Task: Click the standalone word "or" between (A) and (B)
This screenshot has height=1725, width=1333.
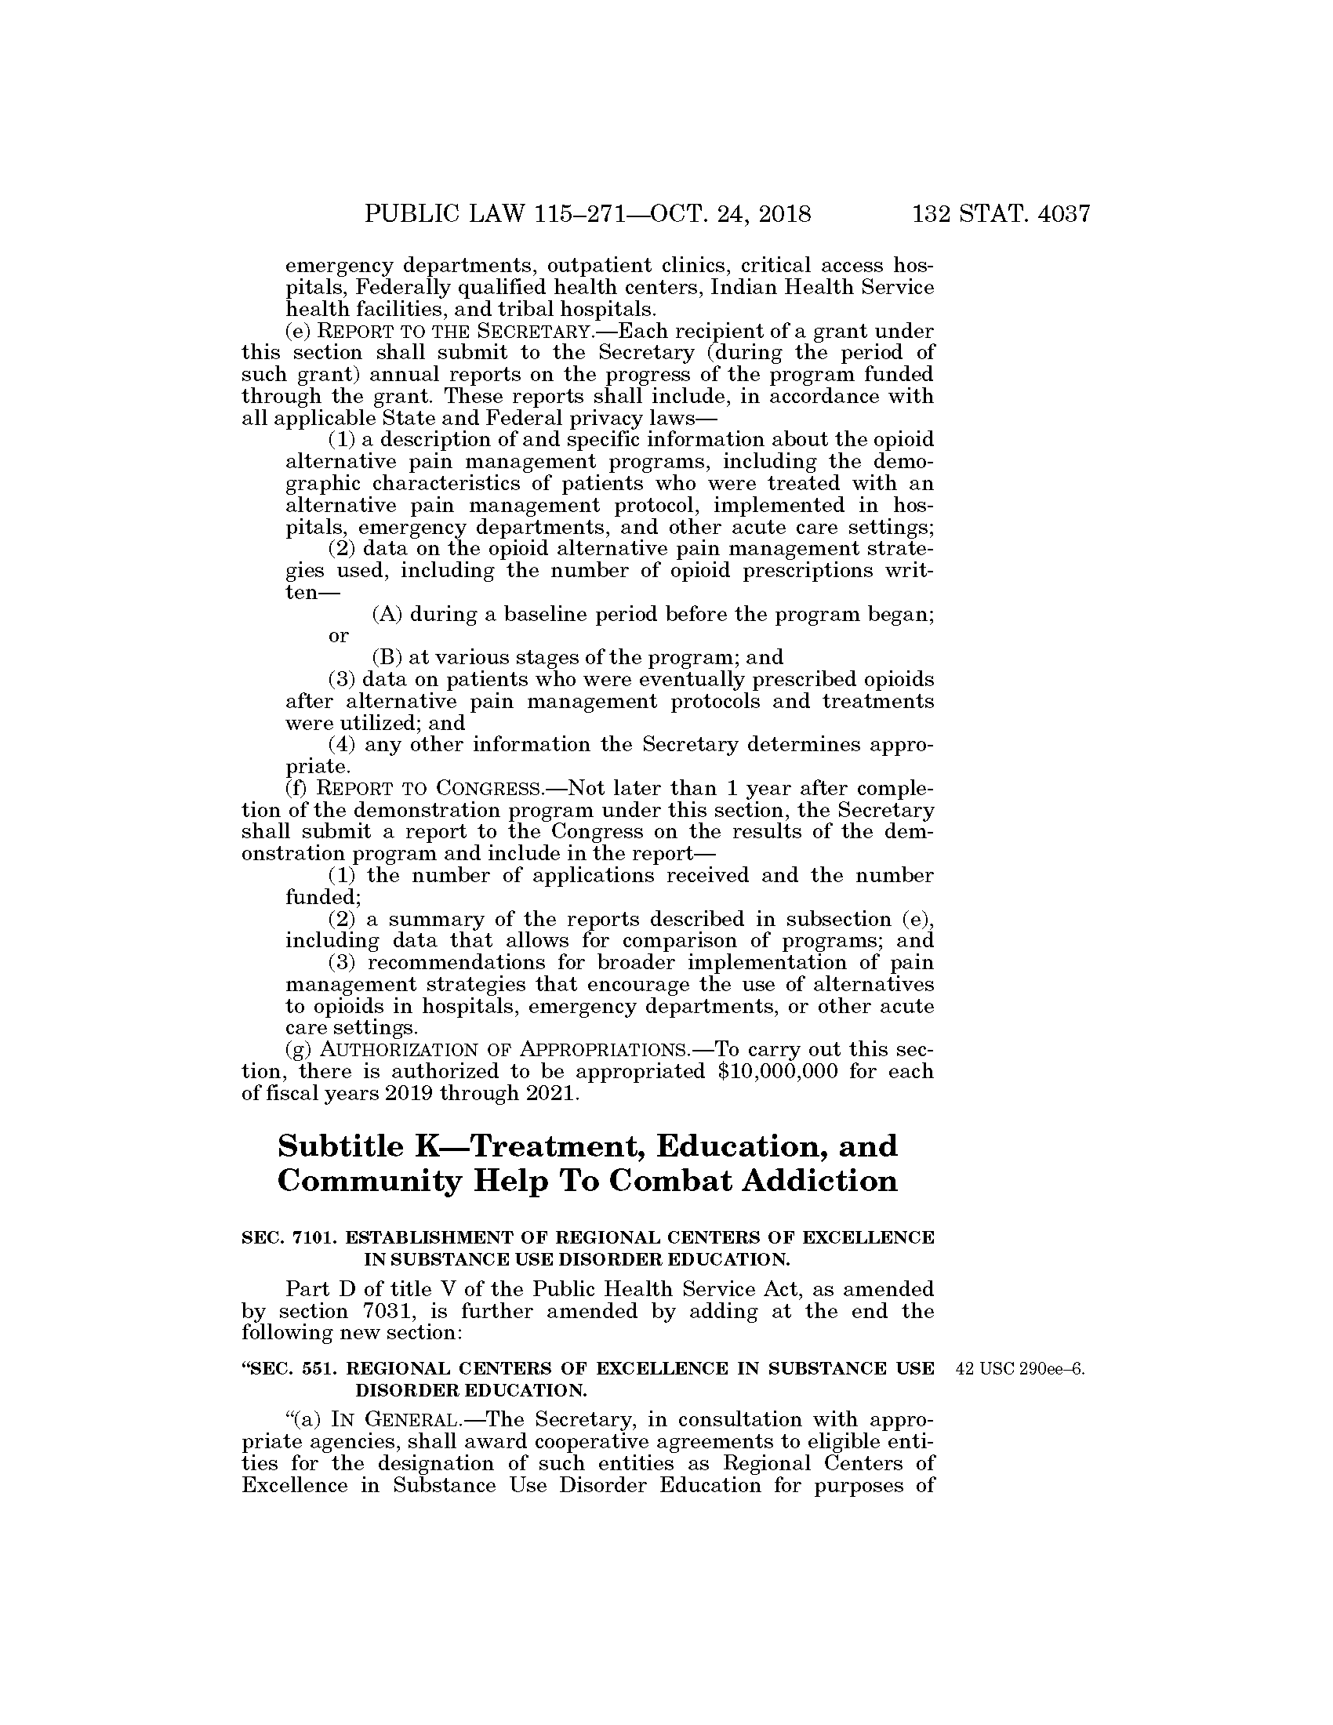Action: pyautogui.click(x=338, y=636)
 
